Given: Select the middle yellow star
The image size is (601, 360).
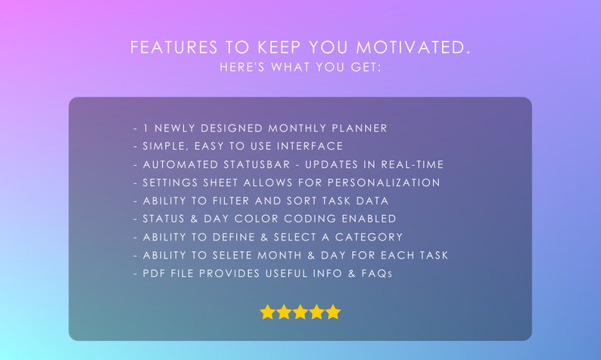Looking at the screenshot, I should (x=300, y=312).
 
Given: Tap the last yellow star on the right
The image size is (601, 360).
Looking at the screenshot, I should (x=333, y=312).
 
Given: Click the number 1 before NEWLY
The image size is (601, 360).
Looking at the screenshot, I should (x=145, y=129).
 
